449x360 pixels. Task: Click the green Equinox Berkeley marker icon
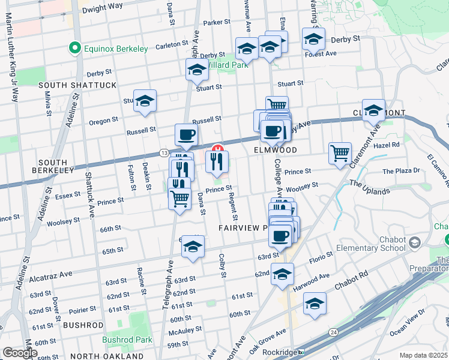(x=75, y=48)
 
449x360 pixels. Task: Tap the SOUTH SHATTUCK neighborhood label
(x=77, y=85)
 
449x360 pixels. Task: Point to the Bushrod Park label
(x=126, y=340)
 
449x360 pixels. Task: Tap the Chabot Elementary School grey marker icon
(x=415, y=241)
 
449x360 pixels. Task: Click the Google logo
(x=20, y=352)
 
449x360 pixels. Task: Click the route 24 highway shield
(x=333, y=332)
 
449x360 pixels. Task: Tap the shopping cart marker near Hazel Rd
(x=340, y=153)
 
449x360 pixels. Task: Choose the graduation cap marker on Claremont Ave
(x=373, y=110)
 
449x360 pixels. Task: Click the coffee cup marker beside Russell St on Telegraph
(x=186, y=134)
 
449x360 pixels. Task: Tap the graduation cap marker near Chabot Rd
(x=315, y=304)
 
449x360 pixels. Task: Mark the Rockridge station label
(x=281, y=352)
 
